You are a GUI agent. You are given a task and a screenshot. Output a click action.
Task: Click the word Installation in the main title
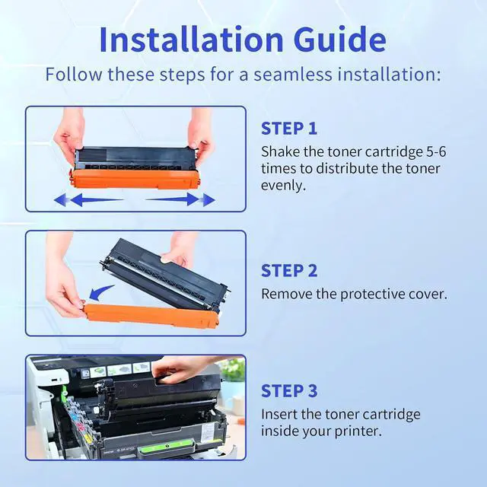click(x=191, y=40)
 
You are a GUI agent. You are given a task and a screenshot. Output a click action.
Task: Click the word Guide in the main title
click(x=340, y=40)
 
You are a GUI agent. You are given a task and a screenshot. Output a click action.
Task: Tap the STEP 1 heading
click(x=289, y=129)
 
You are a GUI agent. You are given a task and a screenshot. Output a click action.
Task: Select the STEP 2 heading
click(x=289, y=271)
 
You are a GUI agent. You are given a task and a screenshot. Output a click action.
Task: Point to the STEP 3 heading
click(x=289, y=390)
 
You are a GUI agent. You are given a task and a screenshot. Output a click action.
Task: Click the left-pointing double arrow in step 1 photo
click(x=88, y=199)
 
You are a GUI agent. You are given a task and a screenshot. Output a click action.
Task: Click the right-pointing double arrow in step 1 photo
click(x=180, y=199)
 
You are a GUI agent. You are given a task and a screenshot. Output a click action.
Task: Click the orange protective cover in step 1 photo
click(x=135, y=180)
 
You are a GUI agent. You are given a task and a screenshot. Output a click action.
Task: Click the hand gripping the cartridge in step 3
click(x=183, y=368)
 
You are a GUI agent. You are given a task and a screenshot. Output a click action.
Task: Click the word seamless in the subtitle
click(x=293, y=75)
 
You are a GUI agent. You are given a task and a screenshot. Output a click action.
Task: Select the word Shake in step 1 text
click(x=281, y=152)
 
